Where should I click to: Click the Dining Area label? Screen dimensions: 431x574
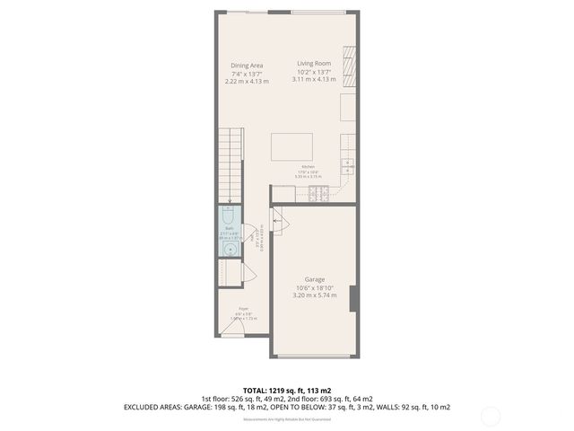[247, 66]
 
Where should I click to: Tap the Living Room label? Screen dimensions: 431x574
[315, 64]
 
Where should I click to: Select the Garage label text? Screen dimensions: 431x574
[314, 280]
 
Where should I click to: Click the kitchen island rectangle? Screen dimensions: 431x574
[292, 146]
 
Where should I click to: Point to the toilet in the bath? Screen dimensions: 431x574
[228, 216]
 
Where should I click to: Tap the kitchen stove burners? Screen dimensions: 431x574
[318, 193]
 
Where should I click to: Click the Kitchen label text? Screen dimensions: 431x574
[308, 168]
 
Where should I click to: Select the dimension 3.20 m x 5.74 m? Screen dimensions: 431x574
[314, 295]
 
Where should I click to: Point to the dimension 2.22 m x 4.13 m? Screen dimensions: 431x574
[247, 81]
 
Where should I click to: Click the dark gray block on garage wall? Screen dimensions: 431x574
[353, 298]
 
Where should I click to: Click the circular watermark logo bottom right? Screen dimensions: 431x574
[491, 415]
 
